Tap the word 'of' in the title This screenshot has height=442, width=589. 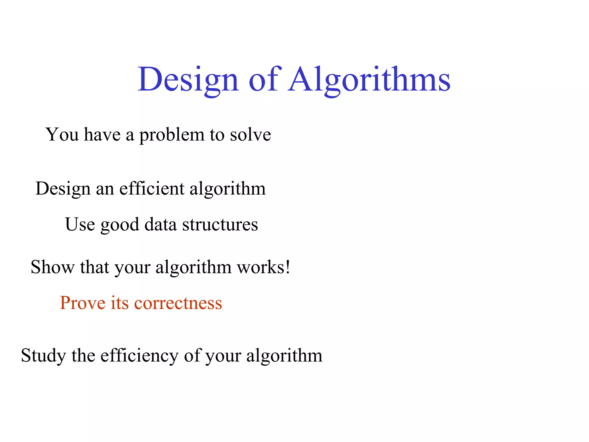pyautogui.click(x=263, y=79)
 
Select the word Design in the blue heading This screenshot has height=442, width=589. pyautogui.click(x=188, y=79)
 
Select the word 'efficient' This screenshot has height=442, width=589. pyautogui.click(x=152, y=188)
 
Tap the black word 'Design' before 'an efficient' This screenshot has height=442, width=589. pyautogui.click(x=63, y=189)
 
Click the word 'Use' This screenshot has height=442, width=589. pyautogui.click(x=80, y=224)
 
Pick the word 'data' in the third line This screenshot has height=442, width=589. pyautogui.click(x=160, y=224)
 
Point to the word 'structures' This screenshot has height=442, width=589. pyautogui.click(x=220, y=224)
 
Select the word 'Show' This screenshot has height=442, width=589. pyautogui.click(x=53, y=267)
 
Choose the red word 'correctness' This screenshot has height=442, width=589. pyautogui.click(x=178, y=303)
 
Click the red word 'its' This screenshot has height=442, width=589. pyautogui.click(x=120, y=303)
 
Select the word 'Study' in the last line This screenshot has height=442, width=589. pyautogui.click(x=43, y=356)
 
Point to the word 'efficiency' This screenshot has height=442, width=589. pyautogui.click(x=139, y=355)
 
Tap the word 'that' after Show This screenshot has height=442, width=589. pyautogui.click(x=95, y=267)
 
